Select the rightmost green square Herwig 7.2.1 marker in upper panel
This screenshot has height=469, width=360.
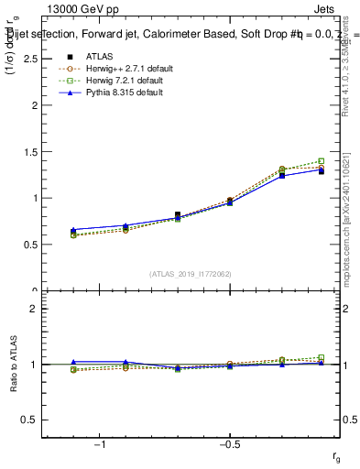pos(321,161)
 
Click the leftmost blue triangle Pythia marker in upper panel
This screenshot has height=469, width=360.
pos(73,230)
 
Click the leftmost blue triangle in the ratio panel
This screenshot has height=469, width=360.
pos(73,362)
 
